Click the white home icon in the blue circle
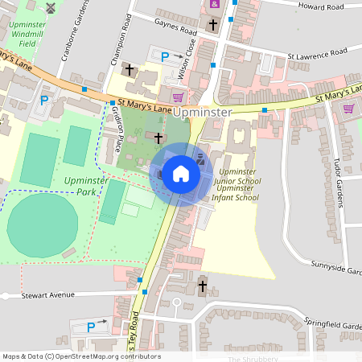click(181, 174)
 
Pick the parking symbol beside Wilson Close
click(166, 57)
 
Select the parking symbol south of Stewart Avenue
click(91, 327)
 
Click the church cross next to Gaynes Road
click(212, 26)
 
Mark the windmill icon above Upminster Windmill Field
click(51, 8)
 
